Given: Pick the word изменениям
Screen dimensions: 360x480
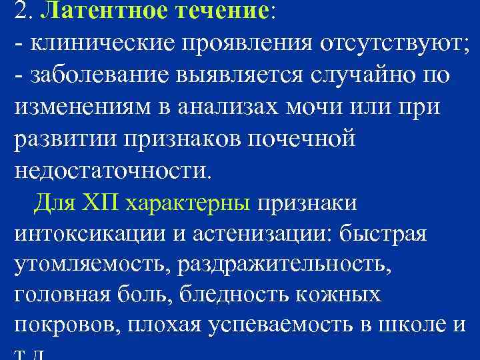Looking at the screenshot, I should point(79,107).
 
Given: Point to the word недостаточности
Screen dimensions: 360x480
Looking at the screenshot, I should point(111,171).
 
